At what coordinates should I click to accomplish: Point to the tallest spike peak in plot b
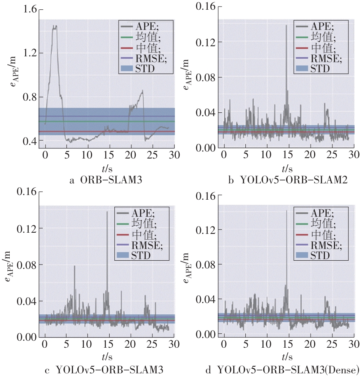point(286,26)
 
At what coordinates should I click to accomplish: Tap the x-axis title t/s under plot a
point(106,168)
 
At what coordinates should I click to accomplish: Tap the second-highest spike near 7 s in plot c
point(74,266)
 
